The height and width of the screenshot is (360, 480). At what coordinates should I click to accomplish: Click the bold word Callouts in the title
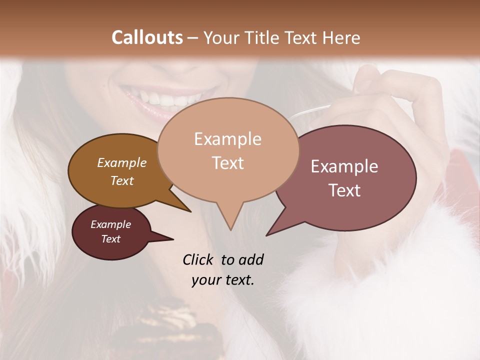147,37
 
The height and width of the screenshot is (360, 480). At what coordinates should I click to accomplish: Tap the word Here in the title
340,37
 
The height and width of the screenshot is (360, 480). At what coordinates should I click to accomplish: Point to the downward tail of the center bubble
230,220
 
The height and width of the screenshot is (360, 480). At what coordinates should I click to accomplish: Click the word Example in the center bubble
227,139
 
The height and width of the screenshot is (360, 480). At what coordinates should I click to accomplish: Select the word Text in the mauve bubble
344,190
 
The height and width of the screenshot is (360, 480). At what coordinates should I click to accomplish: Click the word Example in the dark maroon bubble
110,224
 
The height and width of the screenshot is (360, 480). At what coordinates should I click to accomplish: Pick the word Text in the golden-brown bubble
122,180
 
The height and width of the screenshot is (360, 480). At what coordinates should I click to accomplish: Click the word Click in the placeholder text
198,259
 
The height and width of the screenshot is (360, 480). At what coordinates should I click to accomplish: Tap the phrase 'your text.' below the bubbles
223,279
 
